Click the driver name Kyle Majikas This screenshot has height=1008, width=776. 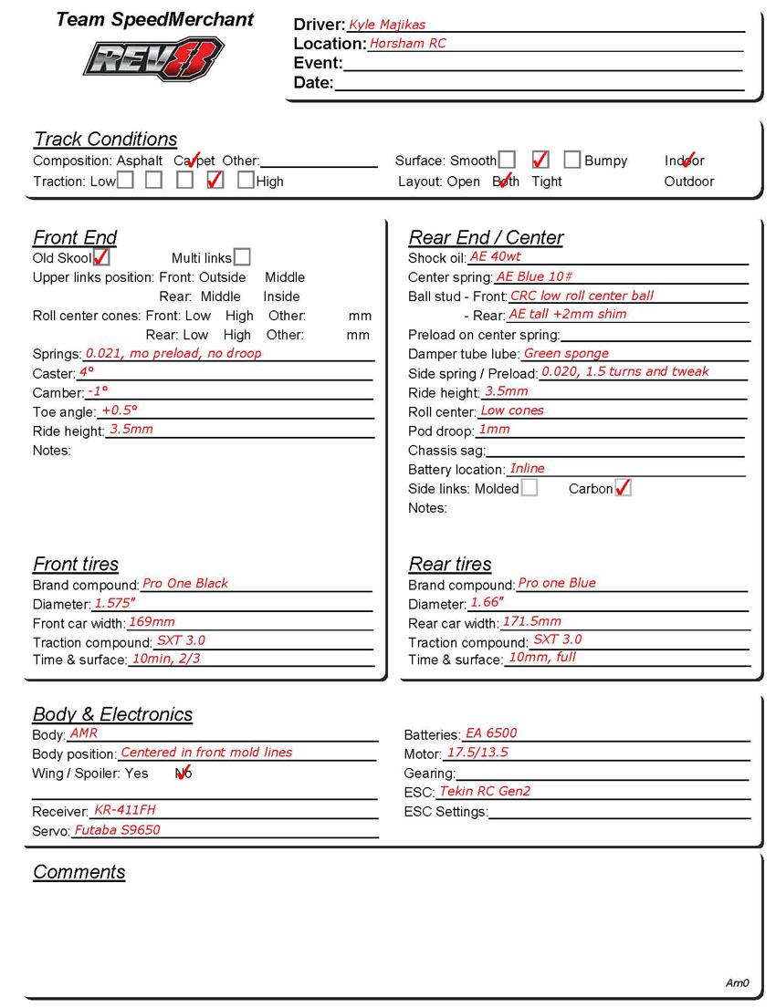point(387,25)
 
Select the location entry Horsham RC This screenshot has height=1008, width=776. point(407,43)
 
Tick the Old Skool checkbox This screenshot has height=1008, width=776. point(101,258)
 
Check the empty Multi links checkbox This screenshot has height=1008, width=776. point(242,258)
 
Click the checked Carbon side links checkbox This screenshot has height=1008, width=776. point(623,488)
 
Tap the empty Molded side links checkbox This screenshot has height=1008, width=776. point(530,488)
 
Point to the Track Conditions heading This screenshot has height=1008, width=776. point(106,140)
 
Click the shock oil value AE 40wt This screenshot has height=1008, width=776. point(496,257)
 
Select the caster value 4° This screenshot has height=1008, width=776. point(87,372)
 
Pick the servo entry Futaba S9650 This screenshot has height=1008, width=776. point(117,830)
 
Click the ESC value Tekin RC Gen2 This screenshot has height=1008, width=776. point(485,791)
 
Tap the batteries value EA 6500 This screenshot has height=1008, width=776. point(491,733)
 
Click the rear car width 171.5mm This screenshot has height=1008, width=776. point(532,622)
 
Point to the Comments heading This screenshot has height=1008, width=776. point(79,872)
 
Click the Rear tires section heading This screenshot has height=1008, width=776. point(450,564)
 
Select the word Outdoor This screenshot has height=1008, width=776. point(689,182)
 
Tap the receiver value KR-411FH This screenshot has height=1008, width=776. point(125,810)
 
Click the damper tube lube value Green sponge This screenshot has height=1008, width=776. point(566,353)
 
